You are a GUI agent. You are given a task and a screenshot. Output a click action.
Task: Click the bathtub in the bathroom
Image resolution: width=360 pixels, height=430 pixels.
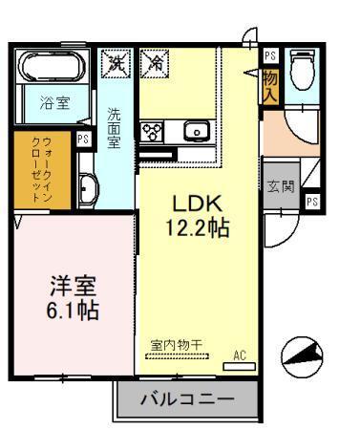(x=55, y=69)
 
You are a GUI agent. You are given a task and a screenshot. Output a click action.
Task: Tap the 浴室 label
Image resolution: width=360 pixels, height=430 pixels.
(x=54, y=104)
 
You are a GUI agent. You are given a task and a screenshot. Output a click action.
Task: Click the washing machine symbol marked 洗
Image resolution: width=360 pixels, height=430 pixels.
(x=118, y=65)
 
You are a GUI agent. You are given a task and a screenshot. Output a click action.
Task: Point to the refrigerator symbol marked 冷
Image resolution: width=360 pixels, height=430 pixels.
(x=154, y=65)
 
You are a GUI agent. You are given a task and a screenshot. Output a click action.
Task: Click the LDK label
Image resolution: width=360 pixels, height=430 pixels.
(x=197, y=204)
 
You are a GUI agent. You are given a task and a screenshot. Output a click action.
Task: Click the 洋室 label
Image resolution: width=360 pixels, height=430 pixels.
(x=73, y=287)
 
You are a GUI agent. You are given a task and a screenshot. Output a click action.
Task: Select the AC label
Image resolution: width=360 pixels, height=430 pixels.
(x=241, y=355)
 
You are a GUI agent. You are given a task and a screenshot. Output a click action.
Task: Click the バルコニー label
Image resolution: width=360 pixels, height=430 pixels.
(x=186, y=398)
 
